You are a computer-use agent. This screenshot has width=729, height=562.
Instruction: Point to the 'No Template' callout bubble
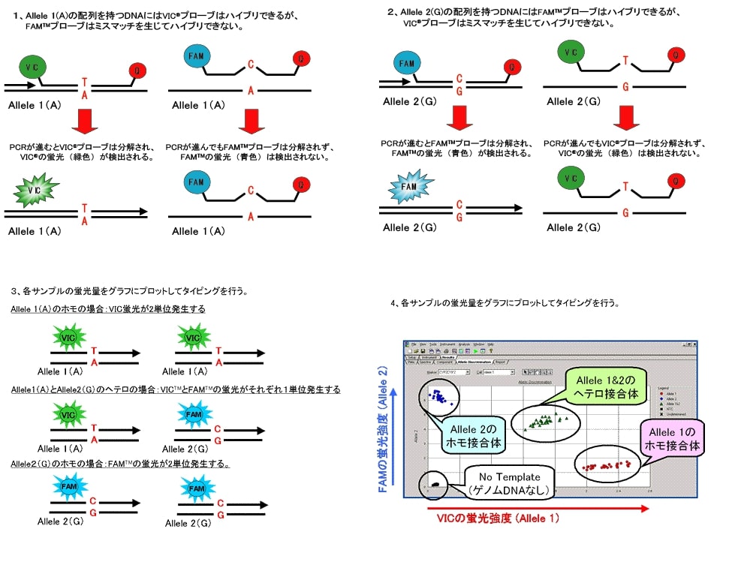point(511,483)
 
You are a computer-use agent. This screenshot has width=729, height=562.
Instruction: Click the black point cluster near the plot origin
point(432,484)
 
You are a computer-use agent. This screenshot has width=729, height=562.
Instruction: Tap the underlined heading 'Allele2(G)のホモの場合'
point(119,464)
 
